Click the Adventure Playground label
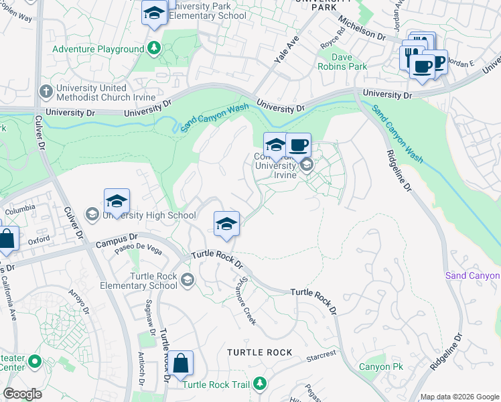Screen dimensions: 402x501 (x=98, y=49)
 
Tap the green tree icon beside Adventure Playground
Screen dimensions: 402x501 (x=155, y=48)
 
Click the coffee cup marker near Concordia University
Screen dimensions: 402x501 (x=299, y=145)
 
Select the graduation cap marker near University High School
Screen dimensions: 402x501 (x=117, y=200)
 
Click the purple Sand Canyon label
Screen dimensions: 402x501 (x=472, y=276)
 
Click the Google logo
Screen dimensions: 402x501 (x=23, y=393)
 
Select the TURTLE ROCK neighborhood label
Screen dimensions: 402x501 (x=259, y=352)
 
